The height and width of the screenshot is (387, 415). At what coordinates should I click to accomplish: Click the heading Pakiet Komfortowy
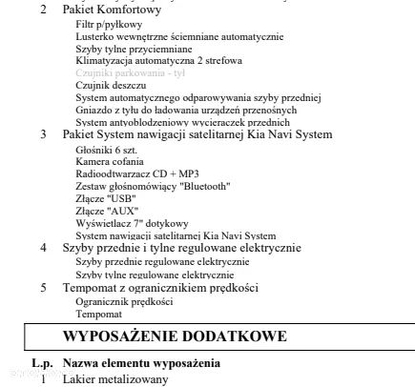(x=113, y=10)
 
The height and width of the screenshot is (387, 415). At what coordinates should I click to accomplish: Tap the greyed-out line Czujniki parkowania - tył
(x=130, y=71)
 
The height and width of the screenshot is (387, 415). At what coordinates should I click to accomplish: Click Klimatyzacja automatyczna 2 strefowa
(x=158, y=59)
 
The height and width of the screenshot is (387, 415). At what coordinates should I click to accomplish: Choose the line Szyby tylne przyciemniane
(x=134, y=48)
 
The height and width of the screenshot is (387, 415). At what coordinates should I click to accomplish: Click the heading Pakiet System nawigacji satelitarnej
(x=197, y=134)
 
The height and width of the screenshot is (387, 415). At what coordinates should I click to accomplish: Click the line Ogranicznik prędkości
(x=124, y=300)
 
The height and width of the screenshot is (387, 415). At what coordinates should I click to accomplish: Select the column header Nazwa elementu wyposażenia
(x=140, y=363)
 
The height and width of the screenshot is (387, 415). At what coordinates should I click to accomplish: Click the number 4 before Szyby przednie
(x=43, y=248)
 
